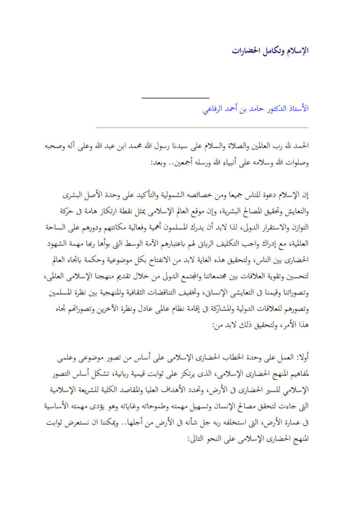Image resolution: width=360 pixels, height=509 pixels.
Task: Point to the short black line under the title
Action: (x=175, y=98)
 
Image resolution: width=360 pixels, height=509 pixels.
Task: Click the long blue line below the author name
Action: (x=202, y=127)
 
